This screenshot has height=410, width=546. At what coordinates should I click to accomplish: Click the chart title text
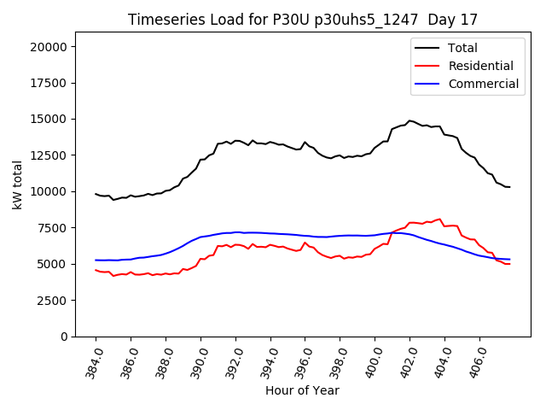[x=303, y=20]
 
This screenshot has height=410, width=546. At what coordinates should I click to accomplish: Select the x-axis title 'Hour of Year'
[x=302, y=390]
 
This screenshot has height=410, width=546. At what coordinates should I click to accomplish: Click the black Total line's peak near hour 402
[x=409, y=120]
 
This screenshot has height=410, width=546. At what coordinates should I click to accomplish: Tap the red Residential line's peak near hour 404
[x=439, y=219]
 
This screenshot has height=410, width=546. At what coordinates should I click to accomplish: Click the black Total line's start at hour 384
[x=96, y=194]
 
